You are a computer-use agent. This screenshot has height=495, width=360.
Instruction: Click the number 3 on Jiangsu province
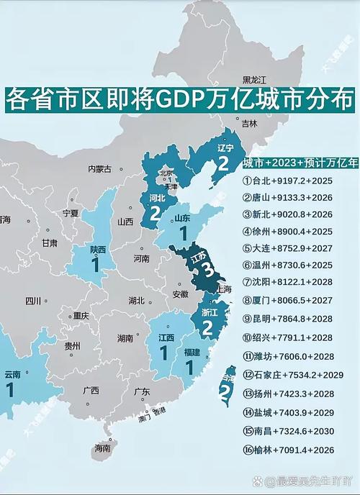tap(207, 270)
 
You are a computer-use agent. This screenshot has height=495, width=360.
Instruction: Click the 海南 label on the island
tap(103, 448)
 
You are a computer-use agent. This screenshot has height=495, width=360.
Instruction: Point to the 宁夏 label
tap(70, 214)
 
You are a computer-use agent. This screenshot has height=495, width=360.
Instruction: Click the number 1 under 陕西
tap(95, 265)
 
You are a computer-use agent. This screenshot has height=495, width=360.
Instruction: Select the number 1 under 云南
tap(10, 390)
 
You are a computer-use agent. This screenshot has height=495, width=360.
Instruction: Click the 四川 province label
tap(33, 301)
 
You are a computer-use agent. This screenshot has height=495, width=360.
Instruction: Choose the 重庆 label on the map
tap(80, 315)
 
